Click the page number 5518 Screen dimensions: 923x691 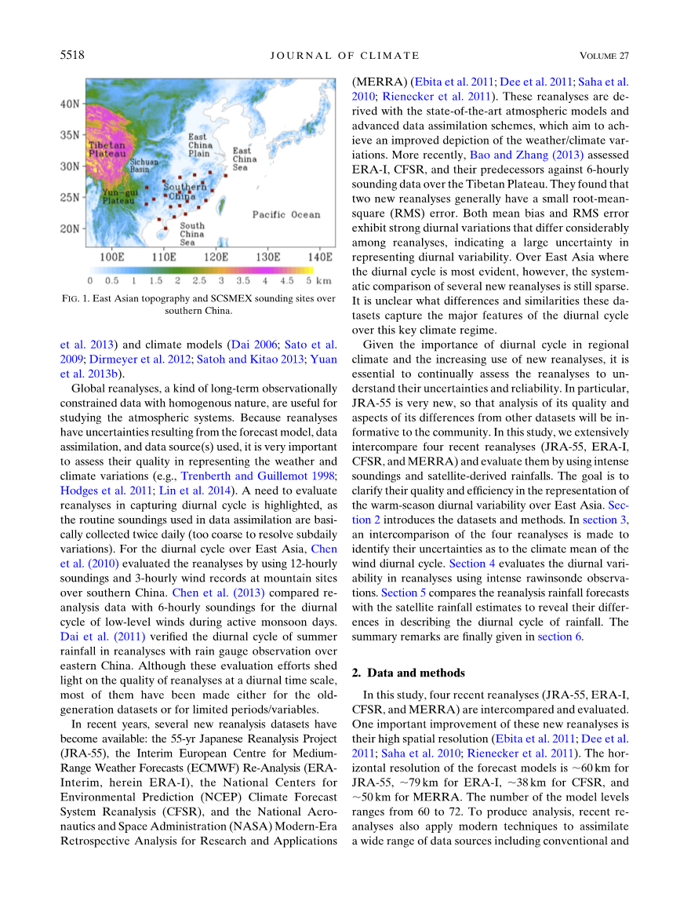[72, 55]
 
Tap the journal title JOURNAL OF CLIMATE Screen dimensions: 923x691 [345, 55]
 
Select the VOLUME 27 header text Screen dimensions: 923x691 [605, 55]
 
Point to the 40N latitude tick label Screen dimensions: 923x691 [71, 104]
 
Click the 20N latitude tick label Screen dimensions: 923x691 [71, 229]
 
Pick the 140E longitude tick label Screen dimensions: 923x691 [319, 257]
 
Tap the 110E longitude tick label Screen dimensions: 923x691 [163, 257]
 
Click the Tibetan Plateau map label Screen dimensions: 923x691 [106, 151]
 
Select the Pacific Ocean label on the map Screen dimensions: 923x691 [286, 214]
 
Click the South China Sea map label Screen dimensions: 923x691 [191, 234]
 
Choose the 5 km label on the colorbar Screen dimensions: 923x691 [314, 279]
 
